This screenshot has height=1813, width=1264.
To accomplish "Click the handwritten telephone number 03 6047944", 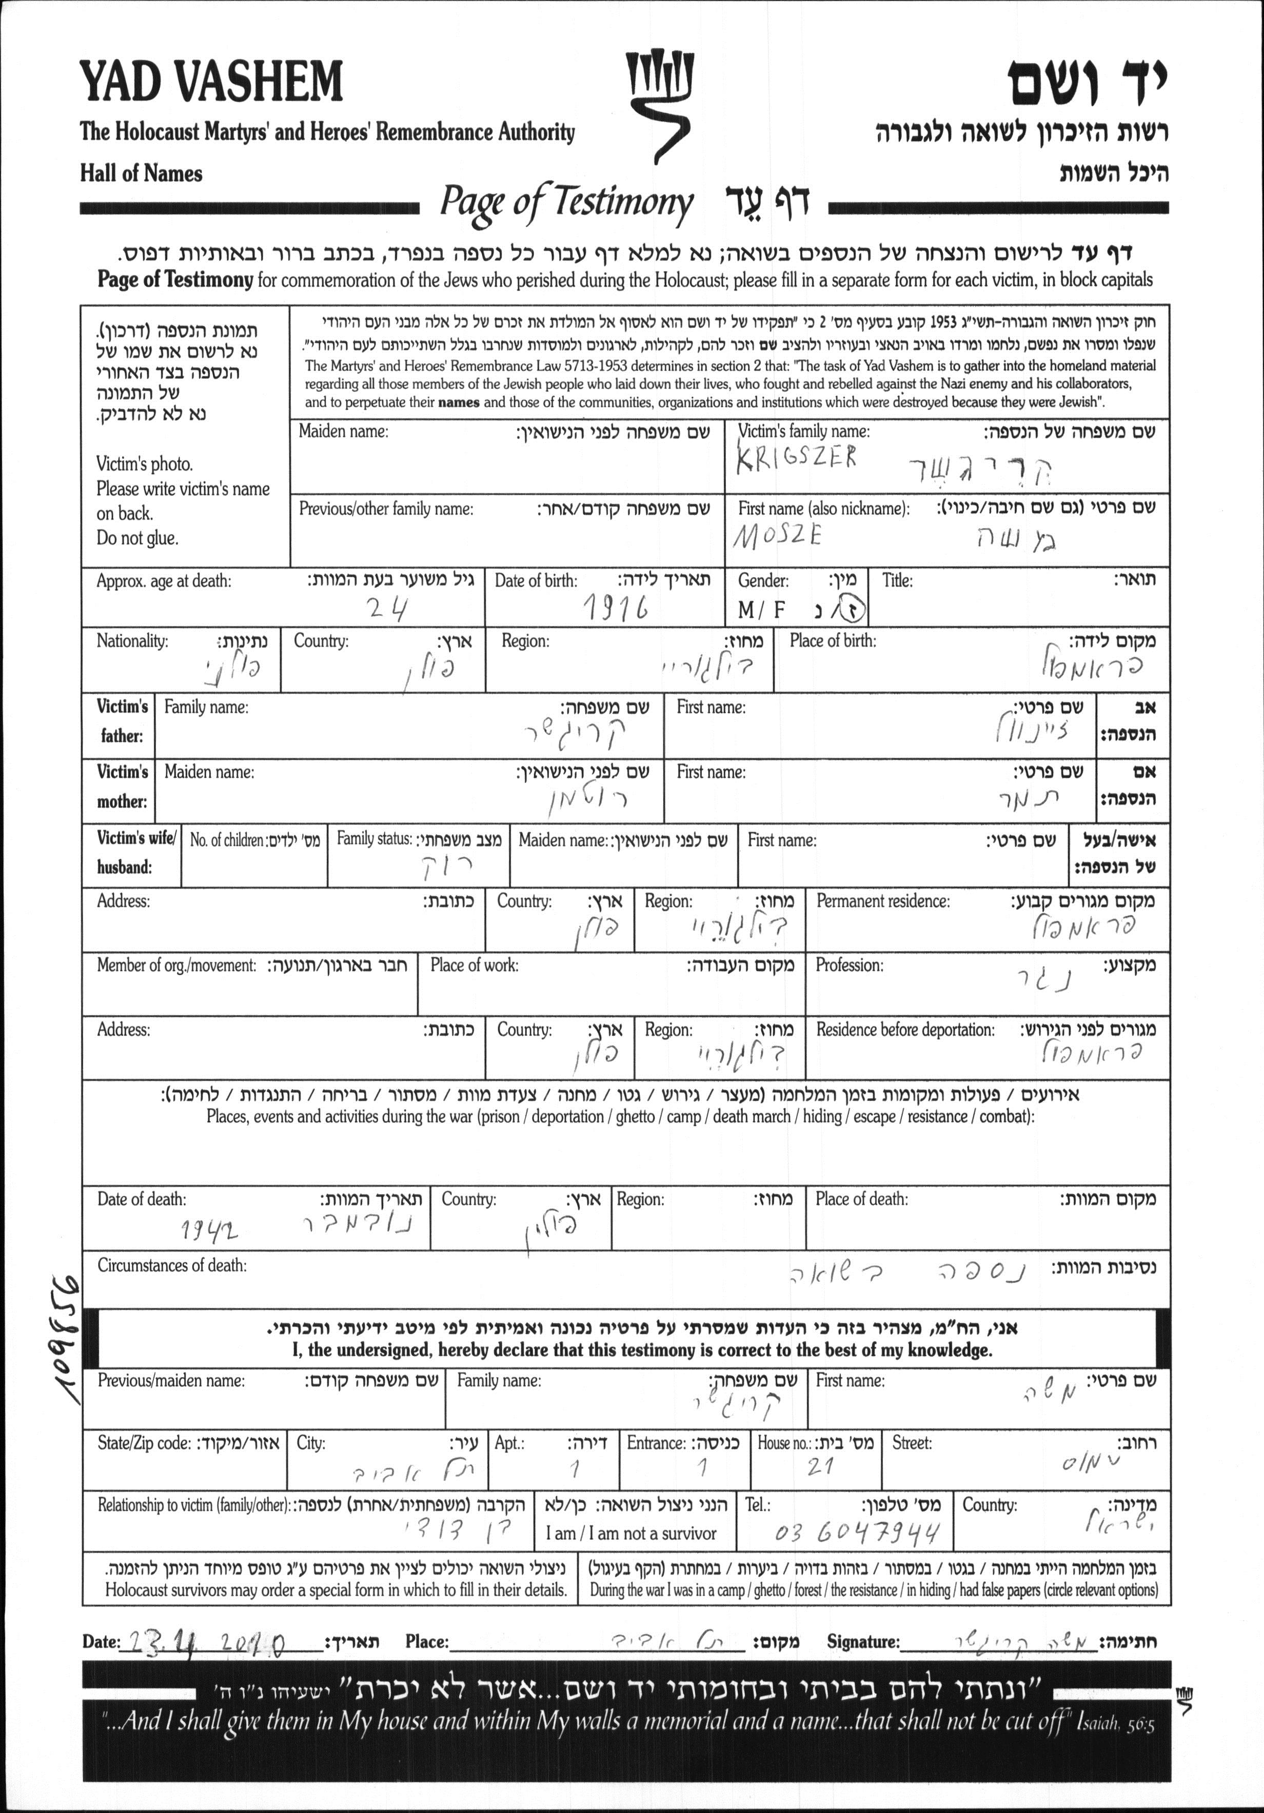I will (857, 1534).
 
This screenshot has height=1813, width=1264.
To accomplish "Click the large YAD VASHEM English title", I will (211, 82).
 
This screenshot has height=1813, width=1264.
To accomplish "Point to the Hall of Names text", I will (141, 174).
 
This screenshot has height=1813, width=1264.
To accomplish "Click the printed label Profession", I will (850, 965).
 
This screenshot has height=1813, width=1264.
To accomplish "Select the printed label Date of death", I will (142, 1199).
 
